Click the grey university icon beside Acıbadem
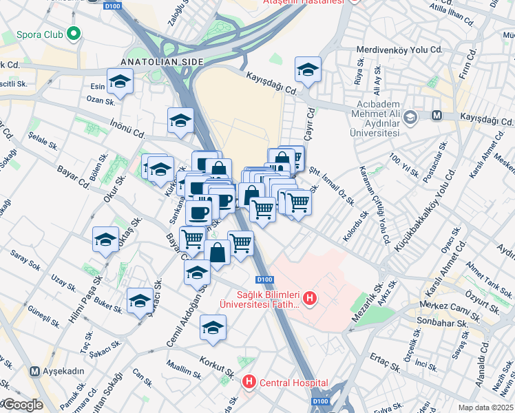[x=410, y=116]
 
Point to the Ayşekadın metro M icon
[x=34, y=371]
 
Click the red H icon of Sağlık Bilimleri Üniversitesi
[x=310, y=298]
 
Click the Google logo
[x=22, y=405]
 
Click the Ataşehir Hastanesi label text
[x=304, y=2]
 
